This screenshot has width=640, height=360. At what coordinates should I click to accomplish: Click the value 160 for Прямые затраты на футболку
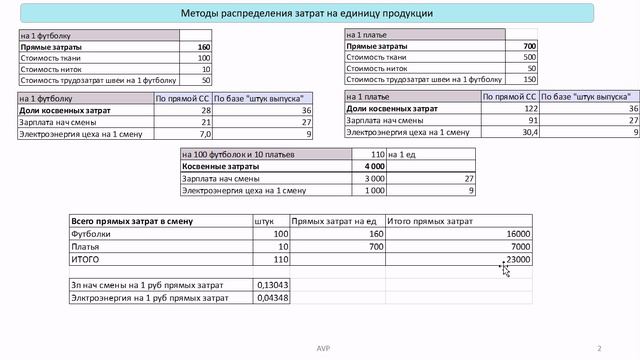pos(204,47)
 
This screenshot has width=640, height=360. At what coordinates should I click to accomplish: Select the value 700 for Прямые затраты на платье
pos(529,47)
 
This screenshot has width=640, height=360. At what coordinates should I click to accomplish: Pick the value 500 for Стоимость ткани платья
pos(529,58)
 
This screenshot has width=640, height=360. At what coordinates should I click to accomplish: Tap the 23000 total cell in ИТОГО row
pos(516,259)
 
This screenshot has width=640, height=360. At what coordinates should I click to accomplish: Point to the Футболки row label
pos(90,233)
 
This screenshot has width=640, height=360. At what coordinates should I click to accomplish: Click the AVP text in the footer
pos(320,348)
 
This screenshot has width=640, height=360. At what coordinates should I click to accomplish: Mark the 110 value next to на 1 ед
pos(377,154)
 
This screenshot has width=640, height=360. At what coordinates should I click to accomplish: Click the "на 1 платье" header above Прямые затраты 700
pos(366,36)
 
